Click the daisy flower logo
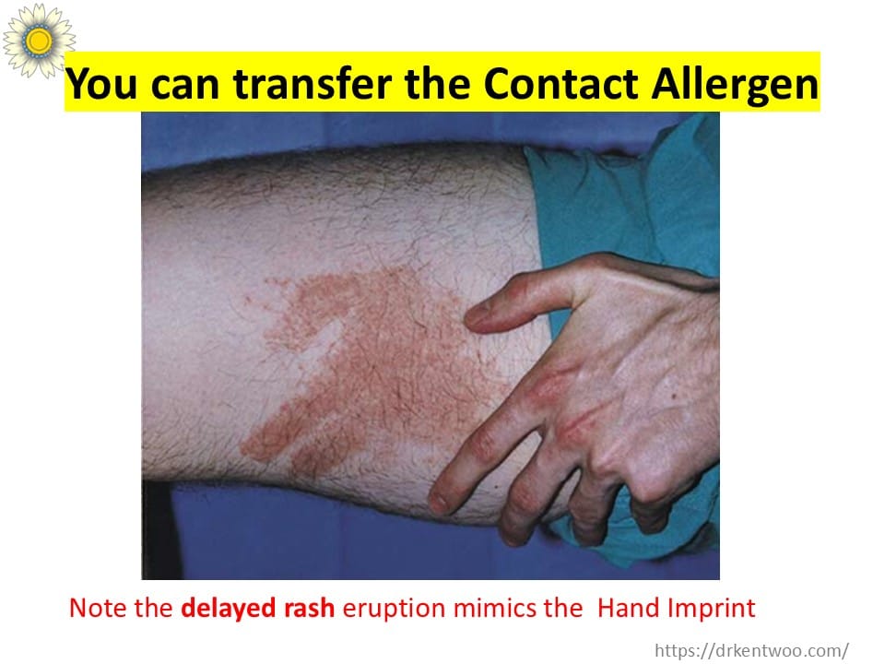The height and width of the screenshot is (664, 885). (39, 40)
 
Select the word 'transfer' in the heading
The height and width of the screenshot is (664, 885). (313, 84)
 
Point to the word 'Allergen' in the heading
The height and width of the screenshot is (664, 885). (735, 85)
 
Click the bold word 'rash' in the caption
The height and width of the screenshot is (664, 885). (310, 608)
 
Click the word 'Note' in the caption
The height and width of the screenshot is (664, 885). (94, 608)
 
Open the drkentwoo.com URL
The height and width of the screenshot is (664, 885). (752, 650)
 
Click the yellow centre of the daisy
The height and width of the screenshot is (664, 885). (39, 41)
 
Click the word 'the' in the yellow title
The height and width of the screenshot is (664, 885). (437, 84)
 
